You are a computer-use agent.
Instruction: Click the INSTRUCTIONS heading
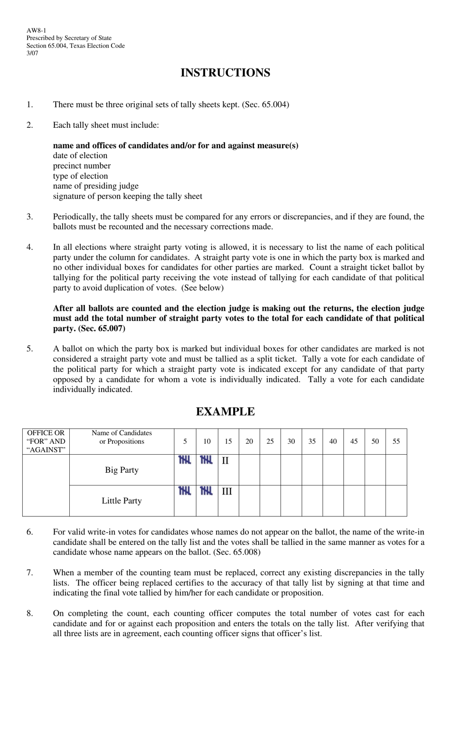click(225, 73)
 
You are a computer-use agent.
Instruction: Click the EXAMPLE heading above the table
click(225, 411)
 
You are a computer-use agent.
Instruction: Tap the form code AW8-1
click(37, 30)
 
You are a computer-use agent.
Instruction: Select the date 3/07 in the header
click(32, 53)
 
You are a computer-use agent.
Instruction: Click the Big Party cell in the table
click(122, 470)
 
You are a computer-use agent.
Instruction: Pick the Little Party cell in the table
click(122, 501)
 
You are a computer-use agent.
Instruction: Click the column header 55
click(396, 441)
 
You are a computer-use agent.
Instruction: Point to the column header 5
click(185, 441)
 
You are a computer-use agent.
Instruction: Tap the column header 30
click(291, 441)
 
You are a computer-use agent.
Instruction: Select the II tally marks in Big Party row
click(225, 461)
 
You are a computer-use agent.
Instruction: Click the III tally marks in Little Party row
click(227, 491)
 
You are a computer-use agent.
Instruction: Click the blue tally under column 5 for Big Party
click(185, 460)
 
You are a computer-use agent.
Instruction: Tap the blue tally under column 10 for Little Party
click(206, 491)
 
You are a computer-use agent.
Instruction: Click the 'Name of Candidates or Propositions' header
click(122, 437)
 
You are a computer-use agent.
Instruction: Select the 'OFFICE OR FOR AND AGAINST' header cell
click(46, 441)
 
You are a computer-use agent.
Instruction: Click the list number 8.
click(30, 613)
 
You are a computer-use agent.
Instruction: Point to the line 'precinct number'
click(82, 166)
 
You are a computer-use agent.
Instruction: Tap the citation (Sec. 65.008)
click(237, 552)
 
